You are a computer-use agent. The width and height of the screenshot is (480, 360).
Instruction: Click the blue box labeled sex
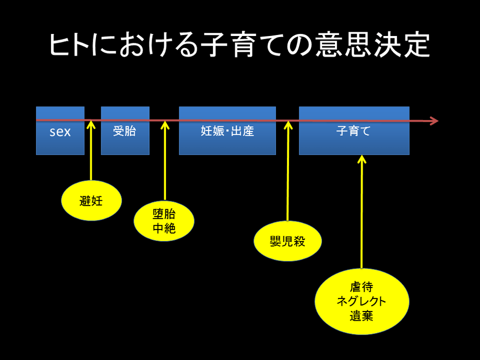[60, 131]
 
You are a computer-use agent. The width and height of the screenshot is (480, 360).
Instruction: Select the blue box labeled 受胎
[125, 131]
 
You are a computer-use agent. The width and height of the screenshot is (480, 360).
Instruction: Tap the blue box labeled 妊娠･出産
[227, 131]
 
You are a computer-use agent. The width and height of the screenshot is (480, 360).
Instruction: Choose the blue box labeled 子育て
[354, 131]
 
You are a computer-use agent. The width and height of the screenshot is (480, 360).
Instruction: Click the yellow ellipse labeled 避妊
[91, 200]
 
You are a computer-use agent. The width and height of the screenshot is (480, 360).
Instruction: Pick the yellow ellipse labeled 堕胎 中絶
[164, 221]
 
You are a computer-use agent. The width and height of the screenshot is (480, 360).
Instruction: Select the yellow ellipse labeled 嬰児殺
[288, 241]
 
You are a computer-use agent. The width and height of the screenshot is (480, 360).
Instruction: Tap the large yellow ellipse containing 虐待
[362, 301]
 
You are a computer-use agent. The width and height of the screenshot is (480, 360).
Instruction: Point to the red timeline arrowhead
[435, 121]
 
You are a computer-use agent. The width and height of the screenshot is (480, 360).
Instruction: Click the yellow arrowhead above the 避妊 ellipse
[91, 124]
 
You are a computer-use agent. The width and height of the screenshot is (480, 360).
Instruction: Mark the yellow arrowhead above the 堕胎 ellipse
[165, 124]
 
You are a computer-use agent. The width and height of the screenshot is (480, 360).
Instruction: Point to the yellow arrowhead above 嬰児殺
[288, 124]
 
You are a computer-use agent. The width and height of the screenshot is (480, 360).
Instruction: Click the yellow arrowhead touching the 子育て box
[362, 159]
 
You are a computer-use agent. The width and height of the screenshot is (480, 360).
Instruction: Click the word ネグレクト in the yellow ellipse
[361, 301]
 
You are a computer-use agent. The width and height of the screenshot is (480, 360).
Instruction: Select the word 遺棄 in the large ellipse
[362, 316]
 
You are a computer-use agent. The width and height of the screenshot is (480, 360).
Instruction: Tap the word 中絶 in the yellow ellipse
[164, 229]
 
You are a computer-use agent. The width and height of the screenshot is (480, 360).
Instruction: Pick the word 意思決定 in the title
[373, 45]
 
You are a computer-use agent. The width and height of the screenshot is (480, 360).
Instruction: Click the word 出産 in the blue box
[243, 131]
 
